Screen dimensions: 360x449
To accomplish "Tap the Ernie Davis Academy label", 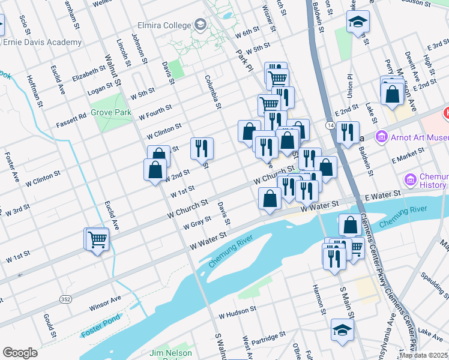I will tap(42, 43).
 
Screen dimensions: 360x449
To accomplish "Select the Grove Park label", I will tap(111, 112).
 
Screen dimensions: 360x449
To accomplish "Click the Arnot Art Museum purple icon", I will tap(381, 138).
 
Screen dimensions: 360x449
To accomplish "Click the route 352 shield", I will tap(66, 299).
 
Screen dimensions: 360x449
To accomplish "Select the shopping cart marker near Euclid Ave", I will tap(97, 239).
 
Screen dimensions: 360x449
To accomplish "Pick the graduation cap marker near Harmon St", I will tap(342, 330).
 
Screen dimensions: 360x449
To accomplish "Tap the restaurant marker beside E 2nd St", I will tap(348, 131).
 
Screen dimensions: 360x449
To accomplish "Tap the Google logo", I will tap(20, 353).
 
